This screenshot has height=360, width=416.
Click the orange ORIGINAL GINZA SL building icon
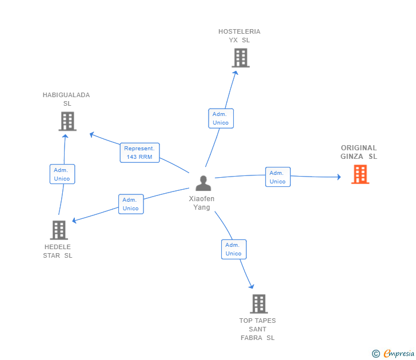tap(360, 174)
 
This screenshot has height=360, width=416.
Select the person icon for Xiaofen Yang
tap(203, 183)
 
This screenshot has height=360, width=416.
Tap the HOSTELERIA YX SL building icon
tap(241, 58)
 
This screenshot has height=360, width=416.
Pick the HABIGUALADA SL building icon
tap(67, 121)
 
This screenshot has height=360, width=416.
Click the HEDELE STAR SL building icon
tap(59, 230)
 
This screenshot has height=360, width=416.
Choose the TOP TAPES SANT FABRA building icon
tap(259, 304)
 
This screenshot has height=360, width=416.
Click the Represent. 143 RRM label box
tap(139, 153)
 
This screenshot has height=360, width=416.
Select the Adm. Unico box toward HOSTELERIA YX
tap(221, 118)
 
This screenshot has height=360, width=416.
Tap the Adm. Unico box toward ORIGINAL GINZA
tap(278, 177)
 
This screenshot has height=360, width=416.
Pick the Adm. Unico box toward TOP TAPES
tap(234, 249)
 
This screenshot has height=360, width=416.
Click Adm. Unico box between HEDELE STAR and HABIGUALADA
tap(62, 174)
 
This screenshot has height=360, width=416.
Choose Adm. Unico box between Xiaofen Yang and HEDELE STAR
tap(131, 204)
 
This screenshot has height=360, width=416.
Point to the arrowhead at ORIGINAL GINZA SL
tap(339, 177)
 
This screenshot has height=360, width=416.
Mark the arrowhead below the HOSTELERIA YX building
tap(235, 73)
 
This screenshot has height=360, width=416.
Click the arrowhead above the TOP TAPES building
tap(251, 286)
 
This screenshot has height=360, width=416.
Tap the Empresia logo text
tap(399, 353)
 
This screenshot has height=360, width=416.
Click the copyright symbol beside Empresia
tap(375, 354)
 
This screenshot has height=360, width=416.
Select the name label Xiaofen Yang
tap(202, 203)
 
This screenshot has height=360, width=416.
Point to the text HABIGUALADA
tap(66, 95)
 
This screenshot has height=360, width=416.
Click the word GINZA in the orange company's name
tap(352, 157)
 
